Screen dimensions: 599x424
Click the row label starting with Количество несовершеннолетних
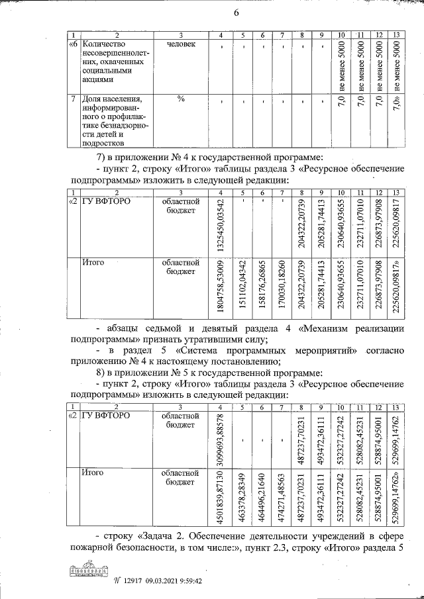tap(113, 63)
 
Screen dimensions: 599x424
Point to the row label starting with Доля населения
tap(113, 120)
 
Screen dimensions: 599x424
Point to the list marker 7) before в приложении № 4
tap(101, 157)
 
